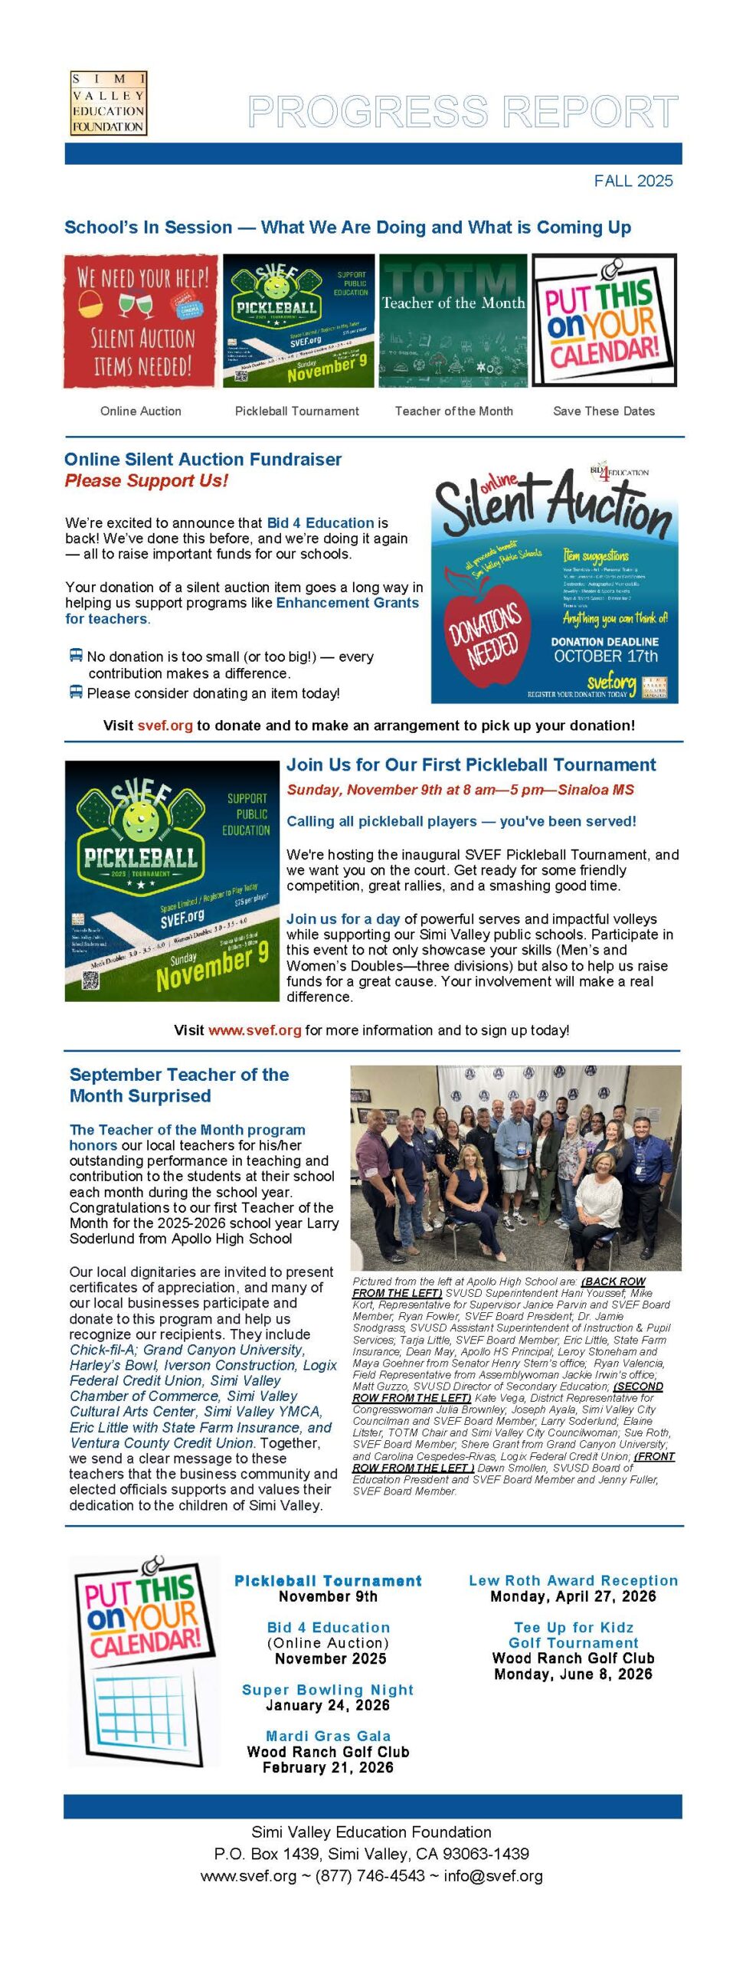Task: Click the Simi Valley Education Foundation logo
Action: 108,103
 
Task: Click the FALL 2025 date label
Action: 633,181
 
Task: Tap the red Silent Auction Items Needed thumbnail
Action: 141,321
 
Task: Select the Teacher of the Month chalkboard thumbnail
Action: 453,321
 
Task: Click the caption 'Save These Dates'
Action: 604,411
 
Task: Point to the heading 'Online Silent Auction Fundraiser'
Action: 203,460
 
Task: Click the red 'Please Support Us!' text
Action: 146,481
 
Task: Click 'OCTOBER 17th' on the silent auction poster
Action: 605,656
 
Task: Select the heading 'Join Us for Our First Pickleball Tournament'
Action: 471,764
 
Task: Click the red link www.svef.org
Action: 255,1030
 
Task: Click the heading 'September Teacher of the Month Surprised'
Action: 179,1085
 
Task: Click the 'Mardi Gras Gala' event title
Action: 328,1736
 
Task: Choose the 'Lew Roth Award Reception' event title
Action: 573,1580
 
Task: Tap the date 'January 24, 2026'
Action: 328,1705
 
